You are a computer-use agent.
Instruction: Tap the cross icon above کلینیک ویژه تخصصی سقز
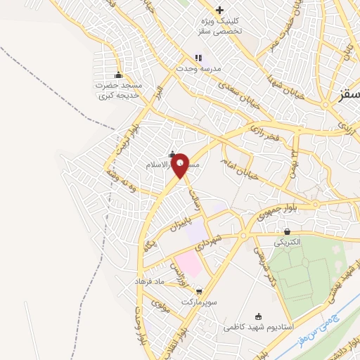pos(220,10)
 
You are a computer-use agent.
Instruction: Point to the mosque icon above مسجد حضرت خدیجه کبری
pos(118,75)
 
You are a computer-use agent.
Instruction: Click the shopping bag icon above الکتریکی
pos(288,231)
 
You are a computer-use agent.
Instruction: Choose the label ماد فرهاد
pos(150,281)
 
